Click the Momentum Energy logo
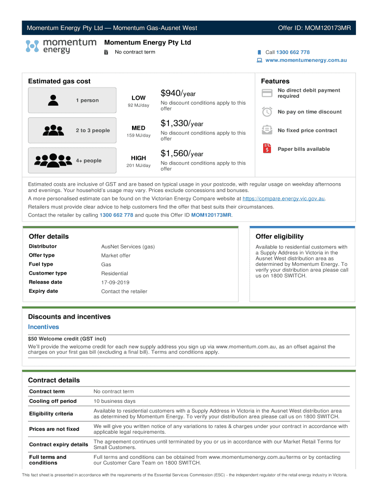[60, 46]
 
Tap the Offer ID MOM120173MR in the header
[314, 28]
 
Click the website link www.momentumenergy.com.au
[306, 60]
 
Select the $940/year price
[178, 93]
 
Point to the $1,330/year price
[182, 123]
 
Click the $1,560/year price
[182, 154]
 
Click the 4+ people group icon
[53, 160]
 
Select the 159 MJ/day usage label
[138, 136]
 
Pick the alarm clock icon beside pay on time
[267, 112]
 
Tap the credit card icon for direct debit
[267, 93]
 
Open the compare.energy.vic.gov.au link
[284, 198]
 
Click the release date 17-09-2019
[115, 282]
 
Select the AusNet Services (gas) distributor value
[128, 247]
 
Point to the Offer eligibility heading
[279, 236]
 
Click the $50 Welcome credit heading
[67, 338]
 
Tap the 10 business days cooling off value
[114, 401]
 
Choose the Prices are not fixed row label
[54, 429]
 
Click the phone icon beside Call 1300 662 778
[259, 52]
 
